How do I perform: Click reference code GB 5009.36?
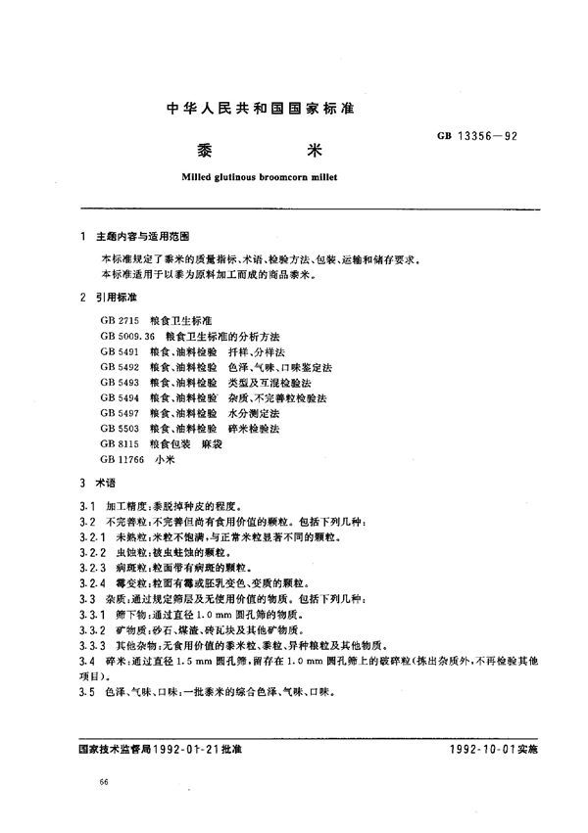pos(127,336)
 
